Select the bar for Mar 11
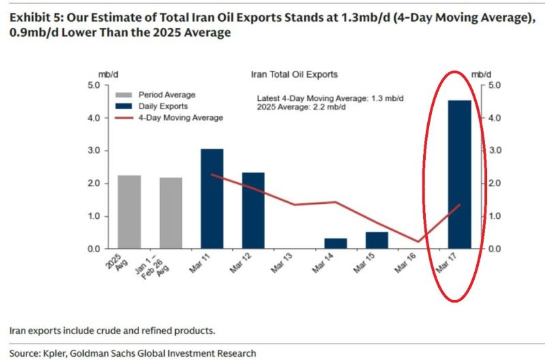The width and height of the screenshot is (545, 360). (x=212, y=198)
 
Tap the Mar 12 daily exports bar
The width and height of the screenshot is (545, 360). (x=253, y=211)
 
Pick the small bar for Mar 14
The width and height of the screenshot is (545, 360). (x=335, y=243)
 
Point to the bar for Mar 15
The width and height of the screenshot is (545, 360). (x=377, y=241)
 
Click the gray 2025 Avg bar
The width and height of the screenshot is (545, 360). (x=129, y=212)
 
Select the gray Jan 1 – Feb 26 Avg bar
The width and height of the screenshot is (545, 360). (x=171, y=213)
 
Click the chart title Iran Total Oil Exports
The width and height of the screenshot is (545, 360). (x=295, y=74)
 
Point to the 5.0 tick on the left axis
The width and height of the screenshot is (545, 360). (x=93, y=85)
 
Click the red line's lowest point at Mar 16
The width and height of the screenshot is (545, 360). (x=418, y=241)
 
